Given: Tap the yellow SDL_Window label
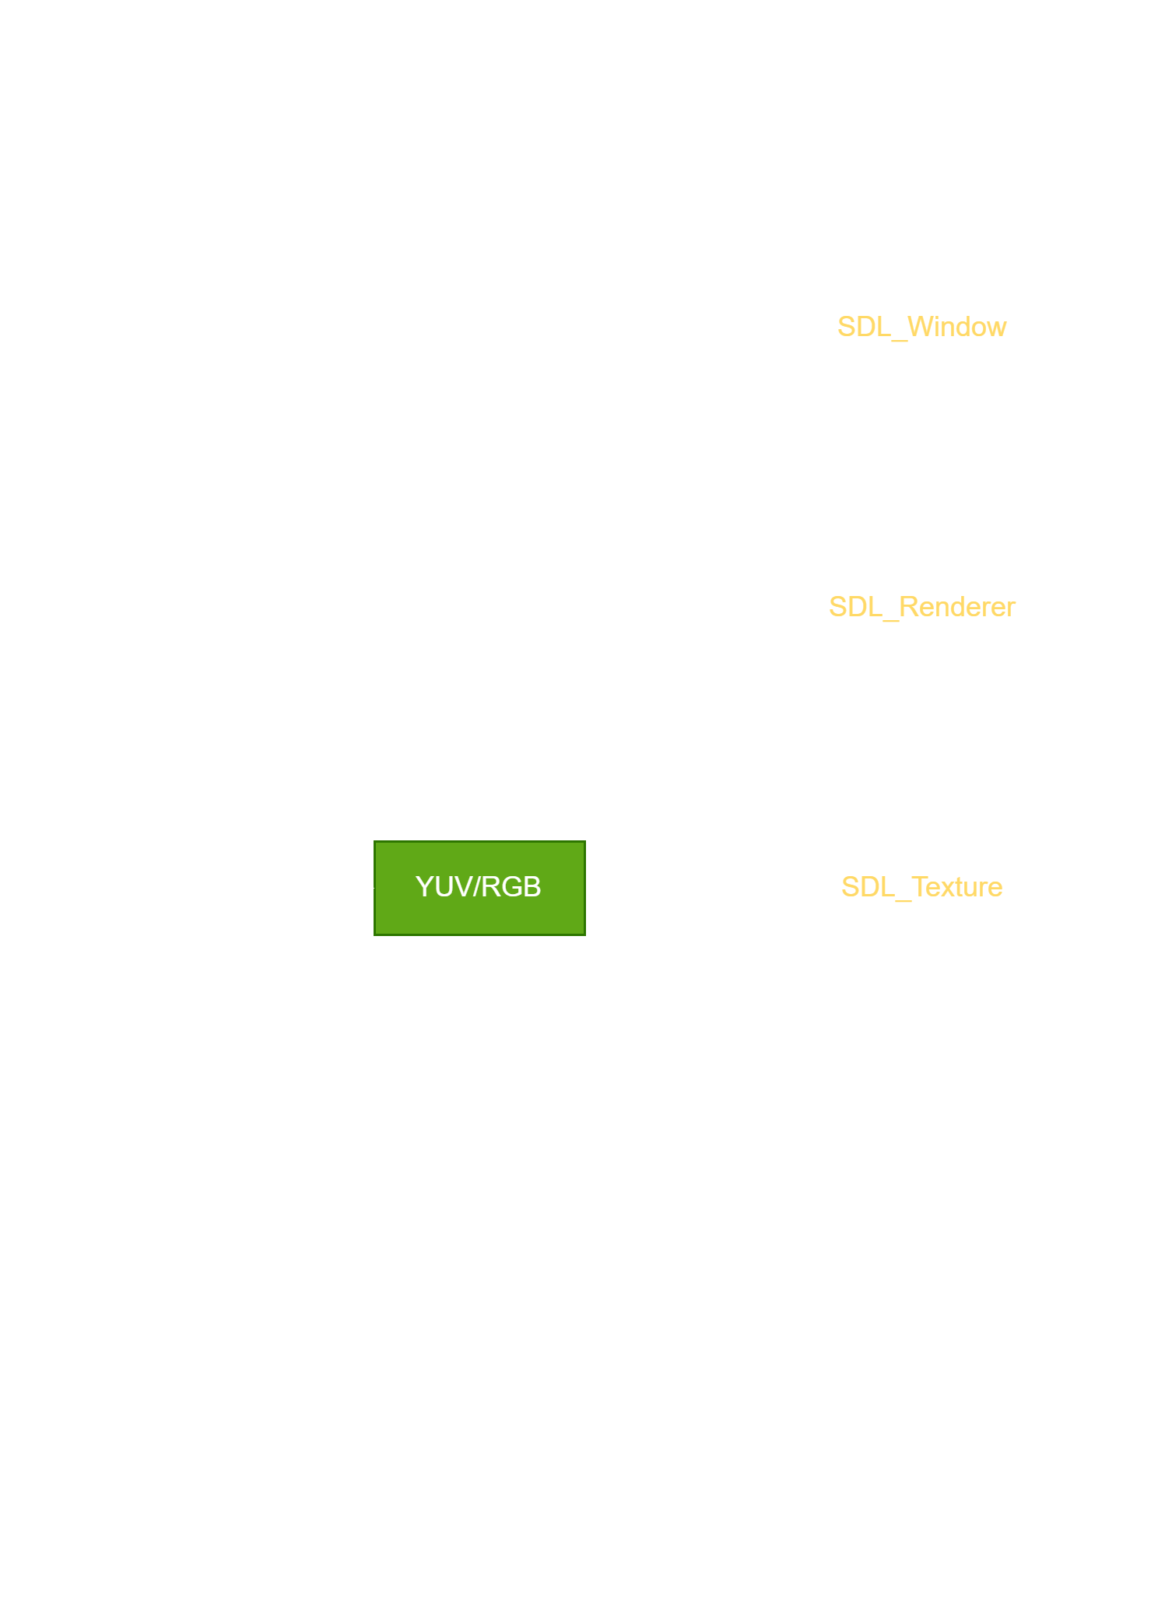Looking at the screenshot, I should point(922,327).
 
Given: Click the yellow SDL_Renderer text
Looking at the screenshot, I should point(922,607).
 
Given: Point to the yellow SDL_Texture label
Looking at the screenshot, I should point(922,887).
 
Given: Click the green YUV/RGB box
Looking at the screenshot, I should point(479,888).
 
